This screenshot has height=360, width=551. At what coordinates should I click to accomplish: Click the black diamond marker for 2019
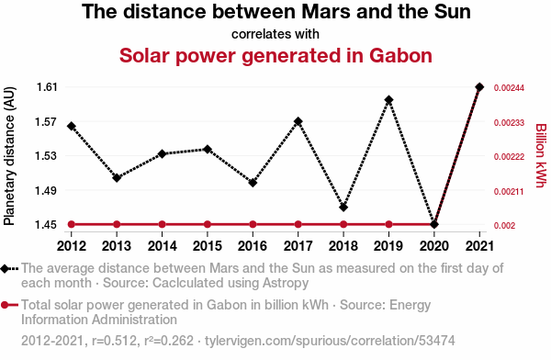[388, 100]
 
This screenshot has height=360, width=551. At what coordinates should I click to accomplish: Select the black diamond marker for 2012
[72, 126]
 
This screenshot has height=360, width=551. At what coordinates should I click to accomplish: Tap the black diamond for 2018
[343, 208]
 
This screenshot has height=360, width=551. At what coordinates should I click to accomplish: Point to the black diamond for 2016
[253, 183]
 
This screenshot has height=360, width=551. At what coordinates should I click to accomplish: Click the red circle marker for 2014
[162, 224]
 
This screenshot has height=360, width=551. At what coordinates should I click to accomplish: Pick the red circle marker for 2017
[298, 224]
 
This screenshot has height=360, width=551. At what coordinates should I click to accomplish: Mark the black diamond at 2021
[479, 87]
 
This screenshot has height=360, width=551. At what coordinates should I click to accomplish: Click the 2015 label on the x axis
[208, 246]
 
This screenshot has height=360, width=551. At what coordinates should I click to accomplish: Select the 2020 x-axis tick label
[434, 246]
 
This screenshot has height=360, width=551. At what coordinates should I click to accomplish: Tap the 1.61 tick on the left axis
[47, 87]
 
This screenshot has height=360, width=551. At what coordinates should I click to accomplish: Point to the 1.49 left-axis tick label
[47, 190]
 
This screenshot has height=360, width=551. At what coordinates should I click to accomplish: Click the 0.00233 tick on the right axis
[509, 123]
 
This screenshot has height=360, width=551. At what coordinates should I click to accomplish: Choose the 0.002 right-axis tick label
[504, 226]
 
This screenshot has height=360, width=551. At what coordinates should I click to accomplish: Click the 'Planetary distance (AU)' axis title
[9, 156]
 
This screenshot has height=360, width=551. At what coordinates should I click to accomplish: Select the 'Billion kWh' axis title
[541, 155]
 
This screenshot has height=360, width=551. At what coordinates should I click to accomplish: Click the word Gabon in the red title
[400, 55]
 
